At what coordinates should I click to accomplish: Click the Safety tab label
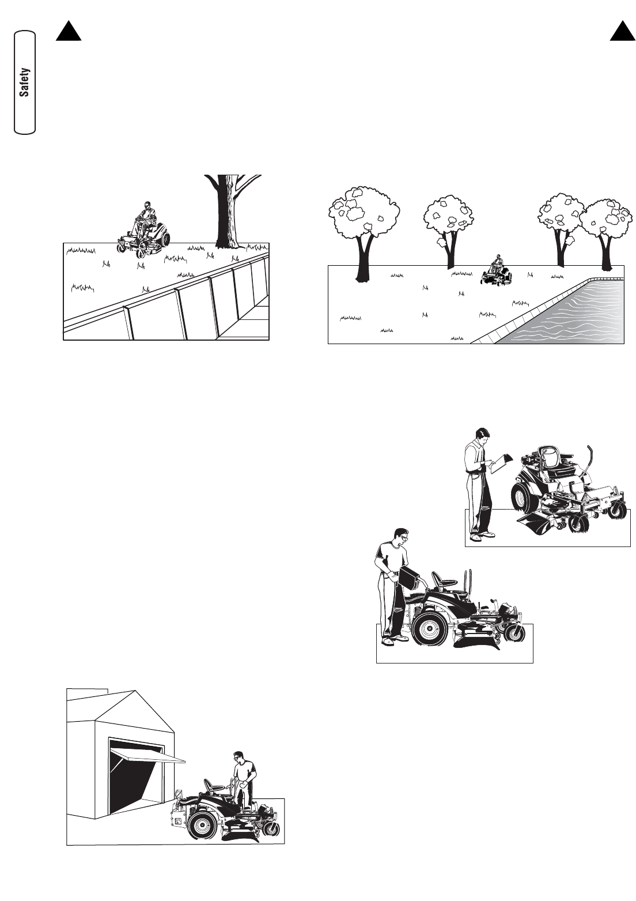click(x=25, y=82)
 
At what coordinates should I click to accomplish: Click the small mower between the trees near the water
click(x=497, y=271)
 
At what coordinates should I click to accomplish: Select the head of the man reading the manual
click(x=482, y=436)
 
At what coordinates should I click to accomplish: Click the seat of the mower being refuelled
click(x=444, y=579)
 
